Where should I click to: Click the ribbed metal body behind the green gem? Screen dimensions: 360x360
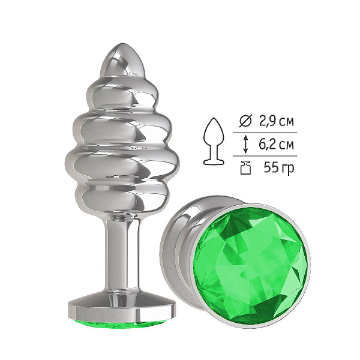pyautogui.click(x=175, y=253)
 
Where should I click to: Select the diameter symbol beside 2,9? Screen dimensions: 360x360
pyautogui.click(x=245, y=121)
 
